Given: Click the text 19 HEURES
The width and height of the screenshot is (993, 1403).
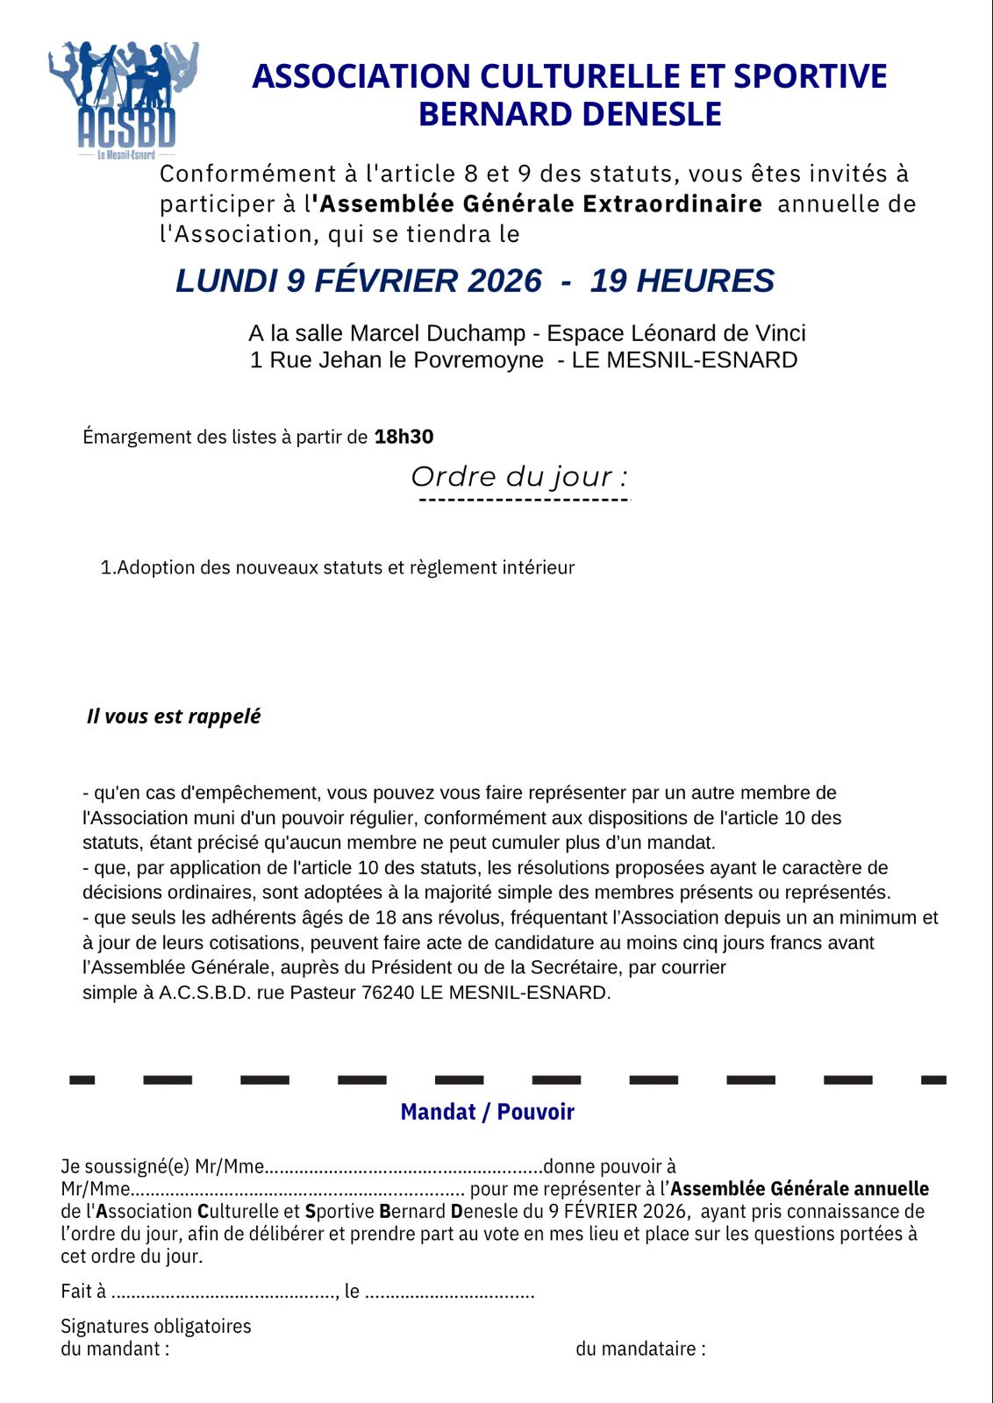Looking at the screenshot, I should (682, 281).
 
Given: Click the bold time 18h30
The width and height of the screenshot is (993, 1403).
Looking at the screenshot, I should (404, 437).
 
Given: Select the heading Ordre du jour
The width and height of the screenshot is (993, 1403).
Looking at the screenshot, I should (519, 477).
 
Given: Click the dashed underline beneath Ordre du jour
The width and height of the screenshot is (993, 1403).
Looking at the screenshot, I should (525, 500).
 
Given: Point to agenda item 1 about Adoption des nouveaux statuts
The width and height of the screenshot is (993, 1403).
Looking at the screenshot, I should (338, 567).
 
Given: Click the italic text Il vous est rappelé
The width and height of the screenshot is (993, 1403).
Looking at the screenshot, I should (174, 716).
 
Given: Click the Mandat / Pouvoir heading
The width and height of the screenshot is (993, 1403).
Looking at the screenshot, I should (487, 1112).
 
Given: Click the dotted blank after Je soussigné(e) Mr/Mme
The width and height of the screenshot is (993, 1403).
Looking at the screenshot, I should (404, 1167).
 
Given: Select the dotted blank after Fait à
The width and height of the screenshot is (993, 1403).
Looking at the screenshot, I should (224, 1292).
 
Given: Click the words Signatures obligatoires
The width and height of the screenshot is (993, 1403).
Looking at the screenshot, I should (156, 1326).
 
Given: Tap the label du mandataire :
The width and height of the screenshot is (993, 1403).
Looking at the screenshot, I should (640, 1349).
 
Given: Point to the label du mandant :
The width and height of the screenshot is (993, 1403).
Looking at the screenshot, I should (115, 1349).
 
